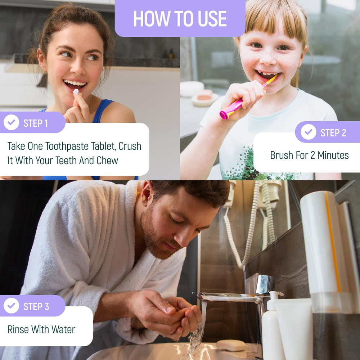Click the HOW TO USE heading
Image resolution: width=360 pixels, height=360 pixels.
(x=180, y=19)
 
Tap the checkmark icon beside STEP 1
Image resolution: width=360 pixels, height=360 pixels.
(x=11, y=122)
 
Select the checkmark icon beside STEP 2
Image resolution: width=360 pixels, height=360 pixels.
(x=309, y=132)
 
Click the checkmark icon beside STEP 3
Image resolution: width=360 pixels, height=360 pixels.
(x=11, y=306)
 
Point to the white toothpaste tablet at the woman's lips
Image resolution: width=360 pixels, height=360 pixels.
(x=76, y=92)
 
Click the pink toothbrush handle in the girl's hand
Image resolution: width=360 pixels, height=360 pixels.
(x=231, y=109)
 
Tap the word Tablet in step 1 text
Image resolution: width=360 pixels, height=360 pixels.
(x=103, y=146)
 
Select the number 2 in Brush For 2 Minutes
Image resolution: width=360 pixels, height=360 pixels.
(x=312, y=156)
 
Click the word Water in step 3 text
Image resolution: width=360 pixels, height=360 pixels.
(x=63, y=329)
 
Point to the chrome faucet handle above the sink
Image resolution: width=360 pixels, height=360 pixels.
(x=265, y=284)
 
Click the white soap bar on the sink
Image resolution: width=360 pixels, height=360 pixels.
(x=231, y=345)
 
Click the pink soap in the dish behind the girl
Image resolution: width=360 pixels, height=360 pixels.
(x=204, y=95)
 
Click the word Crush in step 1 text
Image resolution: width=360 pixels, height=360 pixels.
(x=130, y=146)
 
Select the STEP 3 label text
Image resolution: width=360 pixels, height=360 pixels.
(x=36, y=306)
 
